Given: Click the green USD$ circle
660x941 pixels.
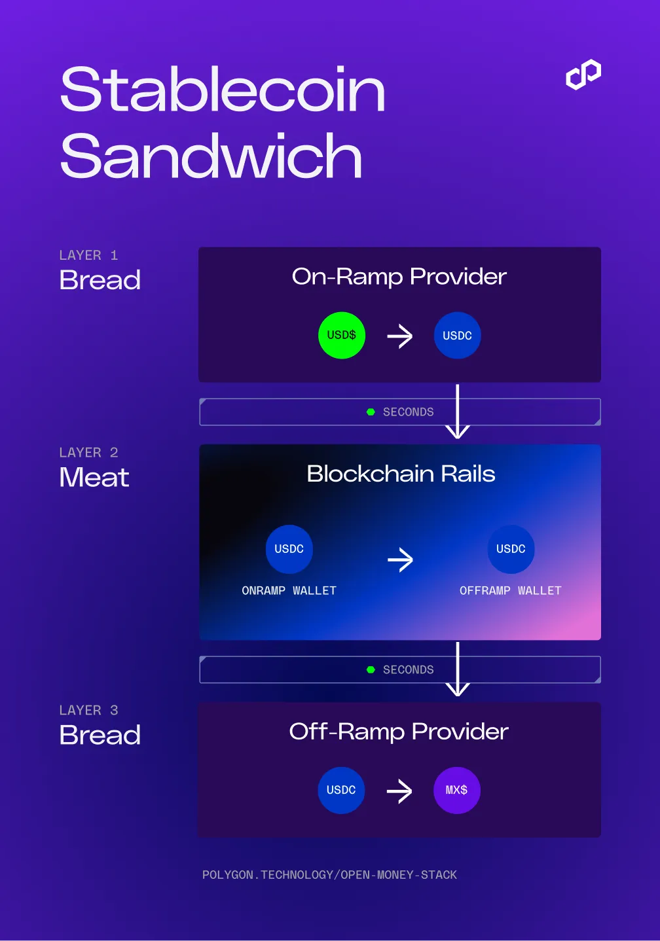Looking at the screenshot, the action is click(341, 335).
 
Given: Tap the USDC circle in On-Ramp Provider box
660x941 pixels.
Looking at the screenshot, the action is click(458, 335).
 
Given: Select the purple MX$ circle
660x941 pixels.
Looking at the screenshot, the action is click(457, 790).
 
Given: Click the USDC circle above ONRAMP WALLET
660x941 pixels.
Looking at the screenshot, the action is click(289, 549).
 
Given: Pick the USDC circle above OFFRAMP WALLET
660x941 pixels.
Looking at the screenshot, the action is click(511, 549).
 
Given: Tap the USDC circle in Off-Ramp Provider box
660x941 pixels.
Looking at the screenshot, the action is click(341, 790).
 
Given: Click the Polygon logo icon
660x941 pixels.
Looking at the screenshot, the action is click(583, 75).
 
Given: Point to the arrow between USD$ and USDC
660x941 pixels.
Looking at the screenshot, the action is click(400, 336).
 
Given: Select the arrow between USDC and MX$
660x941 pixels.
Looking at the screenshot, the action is click(399, 791).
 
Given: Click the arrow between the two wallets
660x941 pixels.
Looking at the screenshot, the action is click(400, 559).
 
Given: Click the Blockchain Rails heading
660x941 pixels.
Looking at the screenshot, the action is click(401, 474).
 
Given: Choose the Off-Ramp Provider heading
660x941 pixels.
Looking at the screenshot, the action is click(399, 732).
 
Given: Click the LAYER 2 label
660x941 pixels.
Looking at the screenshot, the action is click(88, 452).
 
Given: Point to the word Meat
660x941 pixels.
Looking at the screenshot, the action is click(94, 477).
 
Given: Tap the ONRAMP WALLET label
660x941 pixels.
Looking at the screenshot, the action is click(289, 591).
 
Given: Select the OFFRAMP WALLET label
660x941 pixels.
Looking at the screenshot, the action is click(511, 591).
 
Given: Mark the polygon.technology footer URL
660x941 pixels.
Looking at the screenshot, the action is click(329, 875).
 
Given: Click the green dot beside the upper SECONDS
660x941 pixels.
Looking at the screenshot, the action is click(371, 412).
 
